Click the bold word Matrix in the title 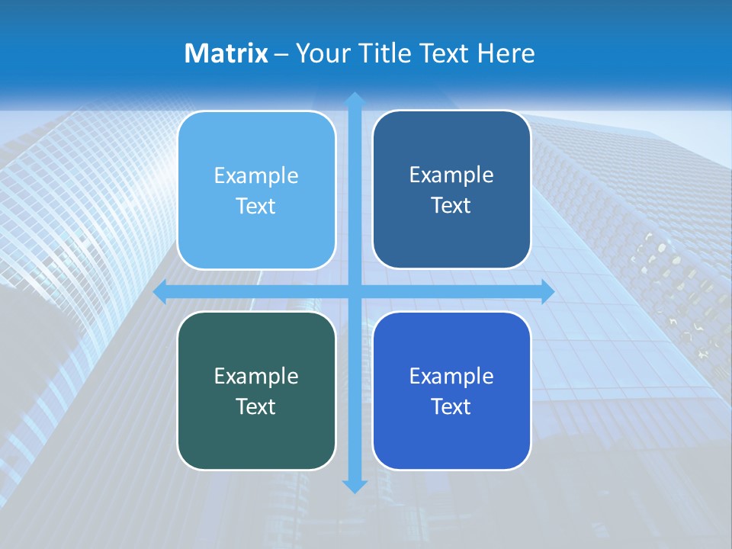[226, 53]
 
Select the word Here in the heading [506, 53]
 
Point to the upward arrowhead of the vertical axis [354, 100]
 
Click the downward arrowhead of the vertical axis [354, 486]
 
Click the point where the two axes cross [354, 292]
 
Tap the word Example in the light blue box [256, 176]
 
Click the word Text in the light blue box [256, 207]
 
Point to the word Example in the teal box [256, 376]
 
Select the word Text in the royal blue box [451, 406]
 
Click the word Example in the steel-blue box [451, 175]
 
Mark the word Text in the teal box [256, 406]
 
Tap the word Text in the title [444, 53]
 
